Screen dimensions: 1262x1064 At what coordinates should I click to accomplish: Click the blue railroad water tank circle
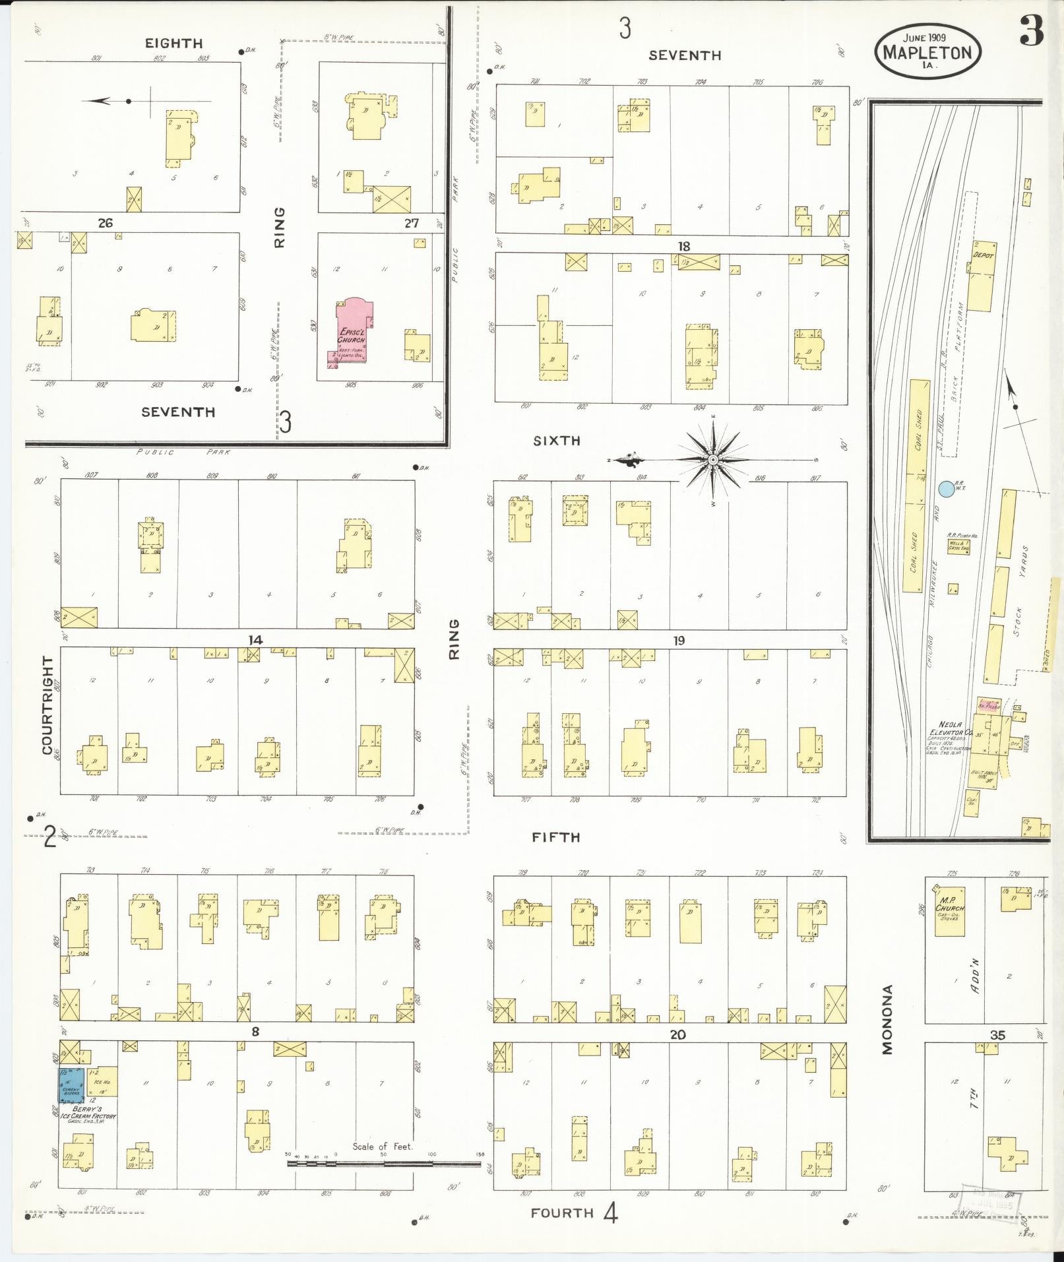(945, 489)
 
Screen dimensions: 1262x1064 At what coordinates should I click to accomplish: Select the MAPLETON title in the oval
(928, 52)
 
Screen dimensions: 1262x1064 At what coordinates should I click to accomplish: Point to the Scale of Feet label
(383, 1146)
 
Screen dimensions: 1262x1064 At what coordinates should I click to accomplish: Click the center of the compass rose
(712, 459)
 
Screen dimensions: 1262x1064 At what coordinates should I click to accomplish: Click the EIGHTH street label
(174, 44)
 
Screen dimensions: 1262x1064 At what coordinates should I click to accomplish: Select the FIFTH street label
(556, 837)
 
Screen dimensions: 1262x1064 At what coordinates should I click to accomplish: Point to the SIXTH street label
(557, 441)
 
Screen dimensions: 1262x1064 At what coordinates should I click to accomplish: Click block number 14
(255, 639)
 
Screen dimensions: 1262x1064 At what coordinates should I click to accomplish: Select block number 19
(679, 640)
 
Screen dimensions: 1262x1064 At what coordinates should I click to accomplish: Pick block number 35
(997, 1035)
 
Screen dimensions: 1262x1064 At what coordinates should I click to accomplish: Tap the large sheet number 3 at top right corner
(1032, 32)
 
